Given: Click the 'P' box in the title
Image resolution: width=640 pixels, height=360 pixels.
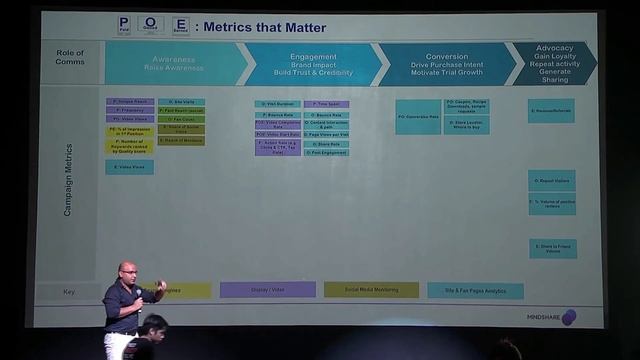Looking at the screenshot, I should [124, 25].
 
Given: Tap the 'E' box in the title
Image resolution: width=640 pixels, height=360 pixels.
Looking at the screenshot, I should [180, 25].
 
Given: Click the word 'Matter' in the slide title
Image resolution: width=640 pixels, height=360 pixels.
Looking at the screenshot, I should [303, 27].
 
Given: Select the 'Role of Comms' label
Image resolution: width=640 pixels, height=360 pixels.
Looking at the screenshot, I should [70, 57].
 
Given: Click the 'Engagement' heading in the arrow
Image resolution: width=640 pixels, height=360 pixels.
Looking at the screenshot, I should [313, 57].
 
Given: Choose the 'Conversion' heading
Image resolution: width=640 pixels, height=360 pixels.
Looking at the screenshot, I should [446, 57].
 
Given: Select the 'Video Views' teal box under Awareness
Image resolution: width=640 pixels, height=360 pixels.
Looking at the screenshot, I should [129, 167].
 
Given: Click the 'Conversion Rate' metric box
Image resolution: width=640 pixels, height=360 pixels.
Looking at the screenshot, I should [418, 116].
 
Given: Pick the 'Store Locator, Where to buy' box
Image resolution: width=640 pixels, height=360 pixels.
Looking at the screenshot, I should [466, 125].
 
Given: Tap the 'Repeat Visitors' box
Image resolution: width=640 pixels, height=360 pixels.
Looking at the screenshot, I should [552, 180].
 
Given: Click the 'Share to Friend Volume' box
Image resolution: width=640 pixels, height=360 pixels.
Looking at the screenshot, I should [553, 248].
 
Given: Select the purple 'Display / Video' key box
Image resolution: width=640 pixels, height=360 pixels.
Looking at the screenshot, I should [267, 290].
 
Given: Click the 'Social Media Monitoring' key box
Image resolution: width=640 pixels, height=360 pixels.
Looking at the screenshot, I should [370, 290].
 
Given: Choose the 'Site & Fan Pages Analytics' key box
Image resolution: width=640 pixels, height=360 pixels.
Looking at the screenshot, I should [475, 290].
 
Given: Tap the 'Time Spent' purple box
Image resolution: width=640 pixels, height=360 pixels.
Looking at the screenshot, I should [326, 103].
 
